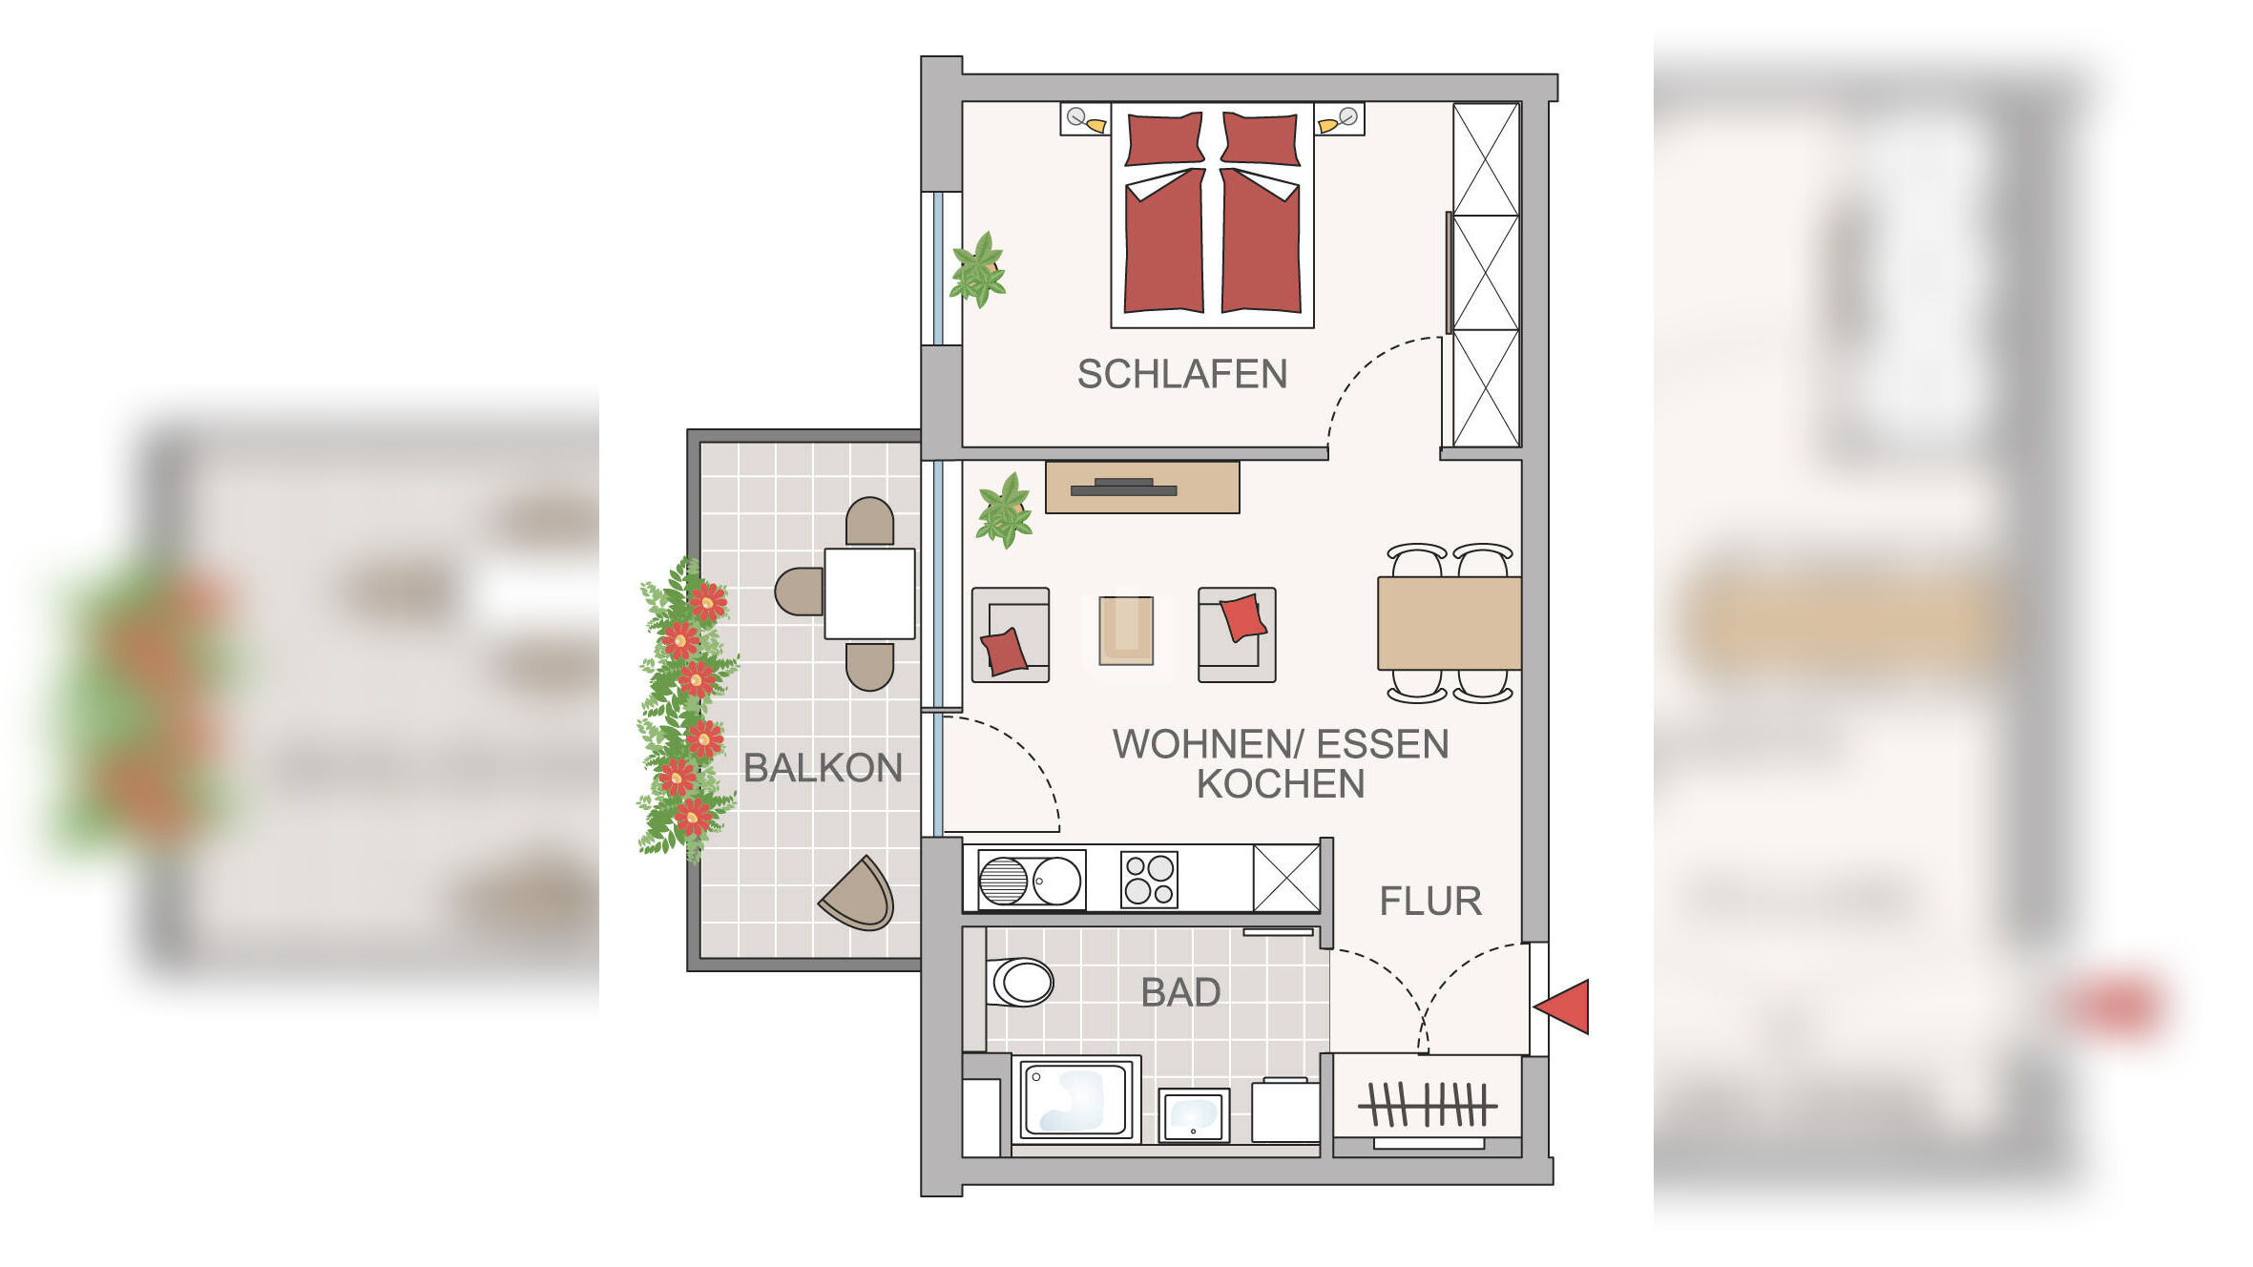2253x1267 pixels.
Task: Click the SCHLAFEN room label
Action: coord(1181,374)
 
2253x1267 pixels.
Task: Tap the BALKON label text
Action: coord(823,768)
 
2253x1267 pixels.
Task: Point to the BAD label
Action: coord(1180,993)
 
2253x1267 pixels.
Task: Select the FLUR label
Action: coord(1430,902)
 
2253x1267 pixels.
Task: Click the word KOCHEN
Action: coord(1281,784)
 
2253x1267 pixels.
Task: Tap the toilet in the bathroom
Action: coord(1021,982)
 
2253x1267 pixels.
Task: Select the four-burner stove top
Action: coord(1148,879)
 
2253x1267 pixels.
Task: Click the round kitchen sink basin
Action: coord(1057,880)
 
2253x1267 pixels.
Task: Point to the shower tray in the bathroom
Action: coord(1074,1099)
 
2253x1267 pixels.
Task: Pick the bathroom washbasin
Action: coord(1193,1114)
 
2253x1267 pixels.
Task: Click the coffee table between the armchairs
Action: coord(1126,630)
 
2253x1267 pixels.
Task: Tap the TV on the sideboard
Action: coord(1123,488)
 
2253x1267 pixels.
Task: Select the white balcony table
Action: coord(869,593)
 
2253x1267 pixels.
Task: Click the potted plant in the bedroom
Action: coord(978,270)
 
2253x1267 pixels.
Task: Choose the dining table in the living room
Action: coord(1449,623)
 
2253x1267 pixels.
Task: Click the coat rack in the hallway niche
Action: coord(1428,1105)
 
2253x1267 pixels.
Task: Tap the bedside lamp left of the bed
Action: coord(1086,120)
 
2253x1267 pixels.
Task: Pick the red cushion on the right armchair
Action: coord(1242,617)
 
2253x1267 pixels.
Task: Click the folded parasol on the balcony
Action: coord(860,895)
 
